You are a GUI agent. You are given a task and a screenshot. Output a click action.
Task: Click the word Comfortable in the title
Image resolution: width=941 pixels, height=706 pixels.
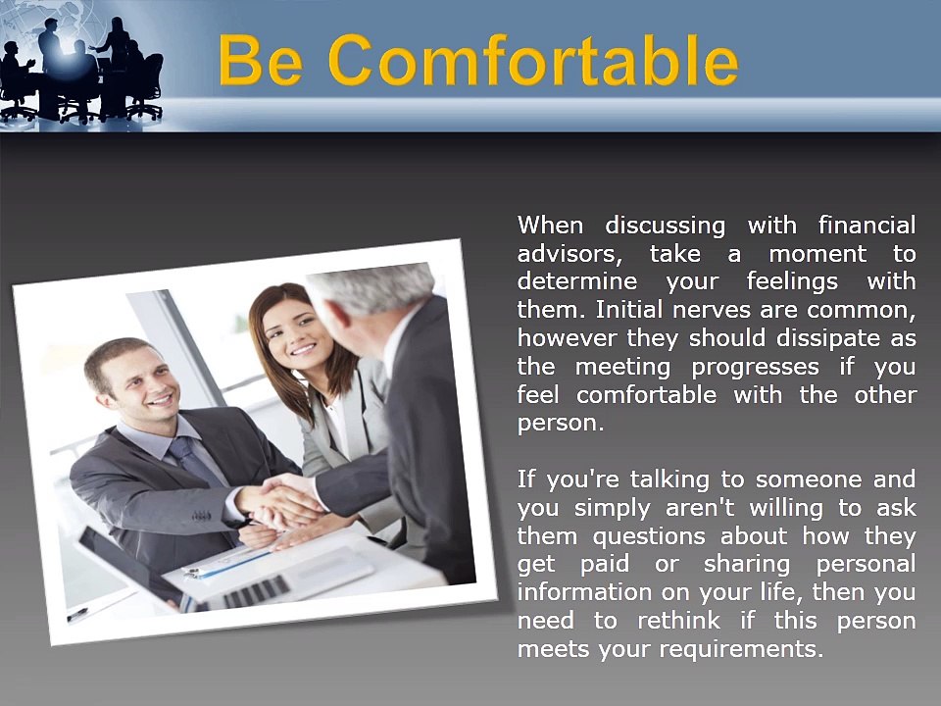[533, 61]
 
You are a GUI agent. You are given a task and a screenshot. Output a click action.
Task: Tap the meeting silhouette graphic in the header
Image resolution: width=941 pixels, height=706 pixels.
[83, 69]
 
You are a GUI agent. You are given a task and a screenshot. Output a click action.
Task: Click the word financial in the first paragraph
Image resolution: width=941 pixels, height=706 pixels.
[867, 226]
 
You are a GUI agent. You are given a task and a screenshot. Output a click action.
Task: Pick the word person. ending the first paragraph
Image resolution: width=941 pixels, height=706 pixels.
[560, 424]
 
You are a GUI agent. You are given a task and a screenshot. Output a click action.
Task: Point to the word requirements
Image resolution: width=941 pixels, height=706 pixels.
[742, 649]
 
